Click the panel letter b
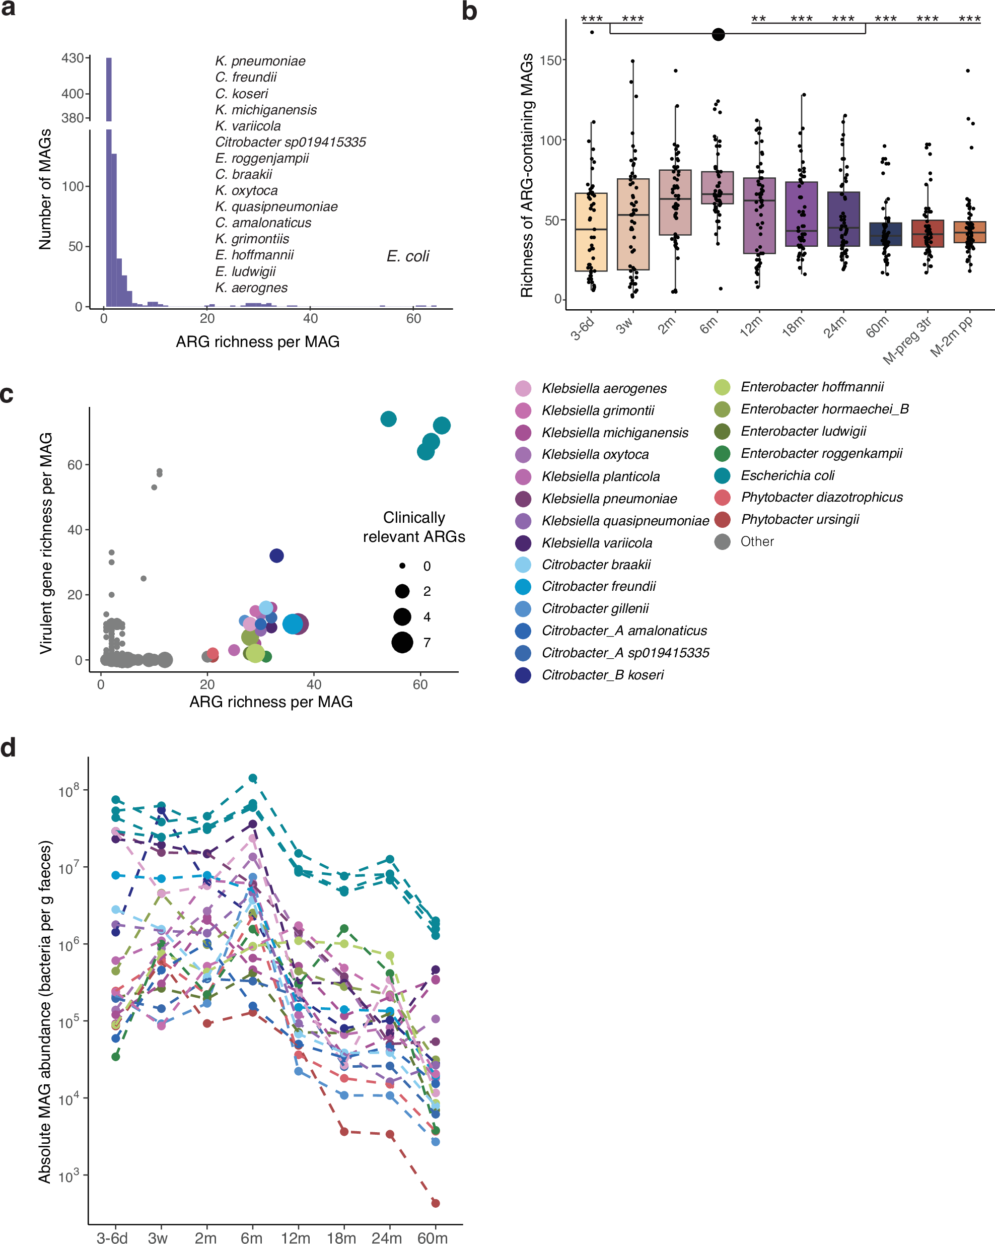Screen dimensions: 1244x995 pos(469,12)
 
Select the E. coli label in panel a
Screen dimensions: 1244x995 pos(407,256)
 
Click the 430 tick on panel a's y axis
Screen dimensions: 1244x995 pos(73,58)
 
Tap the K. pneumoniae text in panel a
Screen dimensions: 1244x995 pos(260,61)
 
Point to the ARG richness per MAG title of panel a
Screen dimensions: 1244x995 pos(257,341)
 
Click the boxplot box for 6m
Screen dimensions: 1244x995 pos(717,187)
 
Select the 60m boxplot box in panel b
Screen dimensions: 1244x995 pos(885,234)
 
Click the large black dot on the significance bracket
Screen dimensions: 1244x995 pos(718,35)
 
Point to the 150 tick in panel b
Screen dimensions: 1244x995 pos(552,60)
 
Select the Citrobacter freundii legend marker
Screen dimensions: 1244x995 pos(523,586)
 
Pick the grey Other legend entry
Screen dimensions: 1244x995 pos(722,541)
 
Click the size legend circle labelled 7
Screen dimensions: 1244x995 pos(402,642)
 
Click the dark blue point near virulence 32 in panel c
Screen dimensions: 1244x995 pos(276,556)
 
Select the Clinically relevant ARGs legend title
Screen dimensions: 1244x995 pos(413,527)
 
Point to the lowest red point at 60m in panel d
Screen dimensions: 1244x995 pos(436,1203)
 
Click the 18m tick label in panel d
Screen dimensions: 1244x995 pos(341,1237)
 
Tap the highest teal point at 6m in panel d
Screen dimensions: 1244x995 pos(253,778)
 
